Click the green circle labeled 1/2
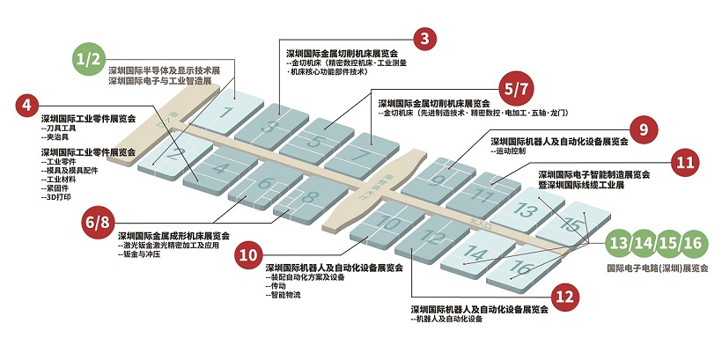[x=90, y=59]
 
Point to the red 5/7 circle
[x=515, y=89]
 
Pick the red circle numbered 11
[x=685, y=162]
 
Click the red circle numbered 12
[x=565, y=298]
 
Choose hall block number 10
[x=388, y=223]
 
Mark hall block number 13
[x=526, y=209]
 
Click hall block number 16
[x=521, y=267]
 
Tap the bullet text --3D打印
[x=60, y=198]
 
